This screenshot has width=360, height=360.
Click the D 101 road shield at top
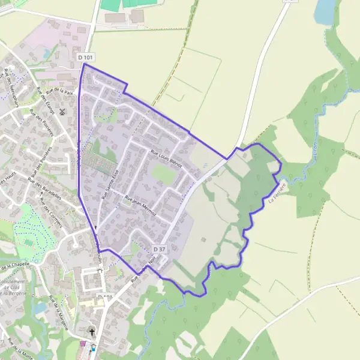click(86, 57)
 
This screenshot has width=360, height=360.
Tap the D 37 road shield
click(158, 248)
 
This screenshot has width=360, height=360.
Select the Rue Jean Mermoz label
click(140, 205)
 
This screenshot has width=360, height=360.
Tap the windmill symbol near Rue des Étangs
click(62, 112)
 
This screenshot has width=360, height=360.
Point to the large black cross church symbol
click(92, 332)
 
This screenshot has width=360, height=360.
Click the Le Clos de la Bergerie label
click(13, 287)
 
